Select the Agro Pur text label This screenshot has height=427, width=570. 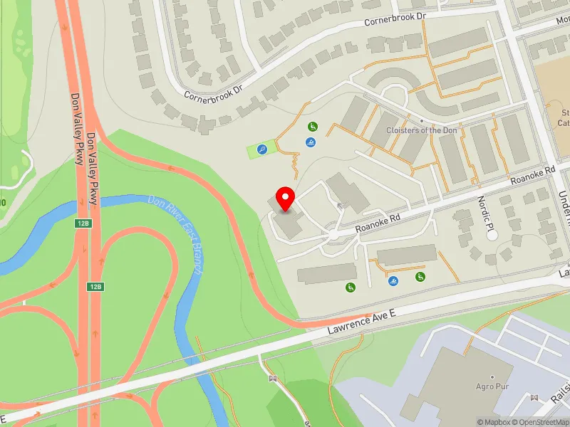pos(492,386)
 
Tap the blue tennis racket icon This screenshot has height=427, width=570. pos(263,150)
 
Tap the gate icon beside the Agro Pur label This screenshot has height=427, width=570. pos(534,397)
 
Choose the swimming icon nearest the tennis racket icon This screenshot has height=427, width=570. pos(311,143)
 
